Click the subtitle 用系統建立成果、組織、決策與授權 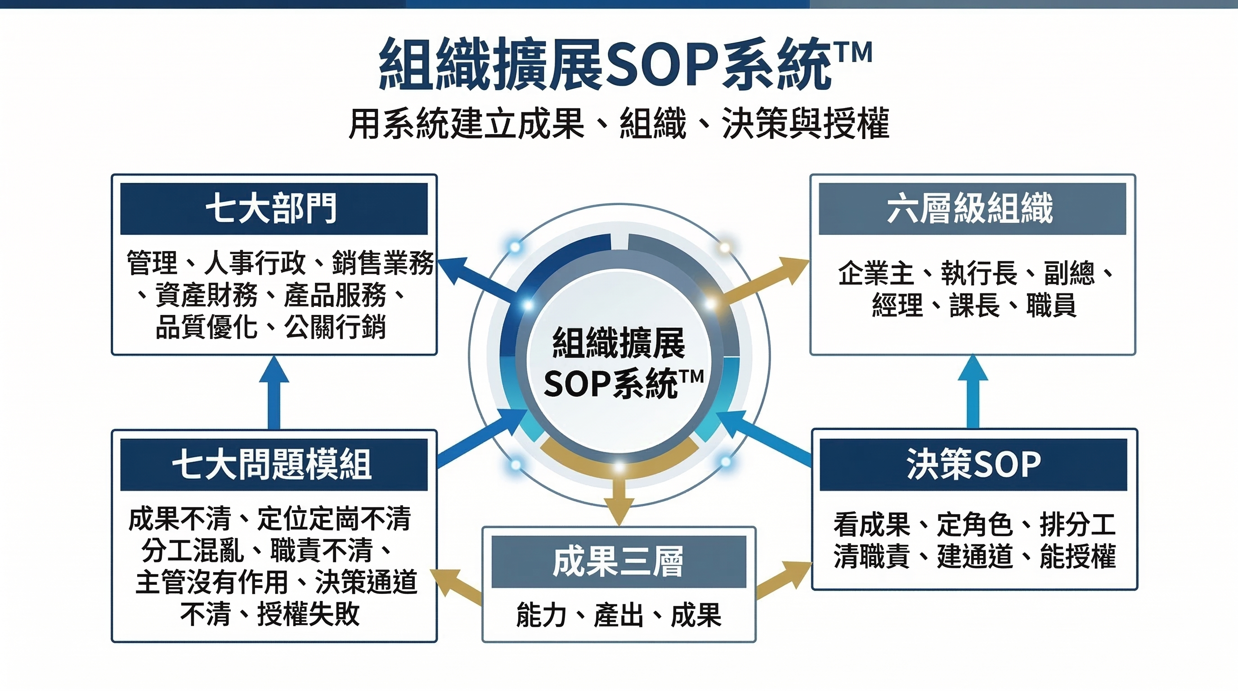point(619,124)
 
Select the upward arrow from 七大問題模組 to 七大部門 point(274,392)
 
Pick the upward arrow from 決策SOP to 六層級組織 point(973,390)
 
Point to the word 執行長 point(979,274)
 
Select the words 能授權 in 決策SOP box point(1078,556)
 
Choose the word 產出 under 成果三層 point(619,615)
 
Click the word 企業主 point(875,274)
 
